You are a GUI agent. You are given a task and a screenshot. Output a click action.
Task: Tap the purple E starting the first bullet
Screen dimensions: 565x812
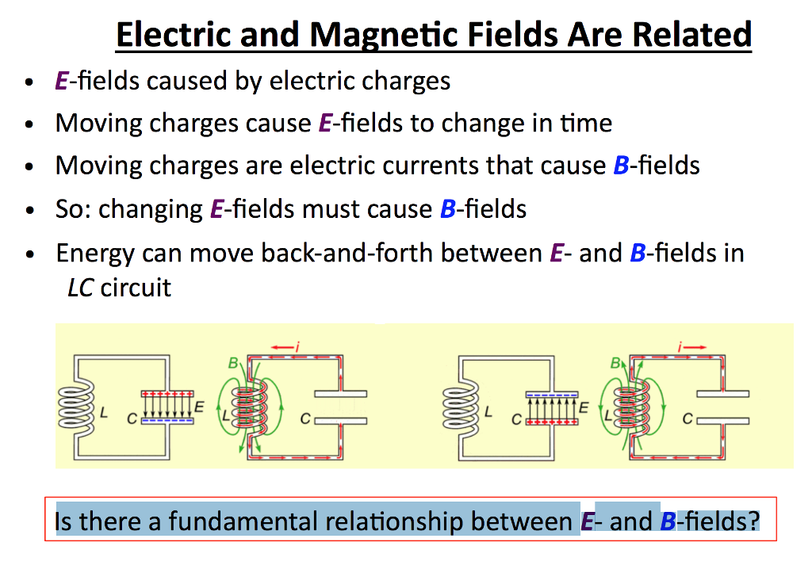[x=61, y=81]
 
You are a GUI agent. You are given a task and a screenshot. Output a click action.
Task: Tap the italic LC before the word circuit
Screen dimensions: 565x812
[x=80, y=286]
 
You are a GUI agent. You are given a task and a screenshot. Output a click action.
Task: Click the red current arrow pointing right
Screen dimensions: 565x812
[x=686, y=346]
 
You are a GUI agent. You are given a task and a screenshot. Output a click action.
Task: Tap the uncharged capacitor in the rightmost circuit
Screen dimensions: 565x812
[x=722, y=407]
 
